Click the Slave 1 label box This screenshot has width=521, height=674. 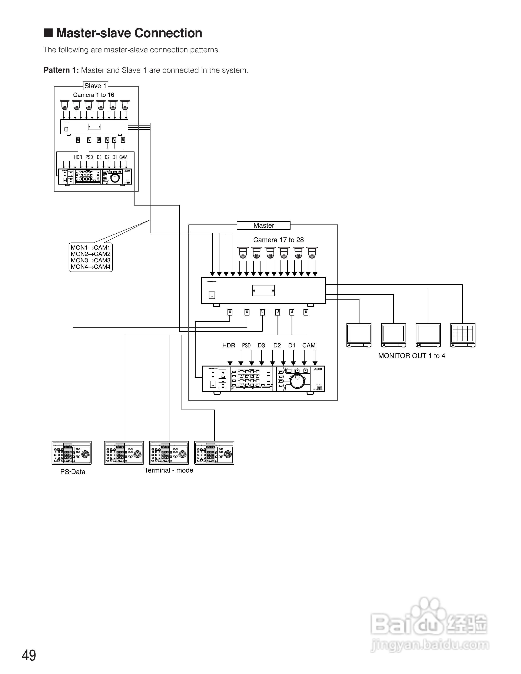95,86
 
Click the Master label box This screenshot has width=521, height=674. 264,225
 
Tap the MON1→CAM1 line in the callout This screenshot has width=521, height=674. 90,247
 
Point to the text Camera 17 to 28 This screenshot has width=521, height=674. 278,240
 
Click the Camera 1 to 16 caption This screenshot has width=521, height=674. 93,95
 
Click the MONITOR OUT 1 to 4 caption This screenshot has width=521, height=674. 411,356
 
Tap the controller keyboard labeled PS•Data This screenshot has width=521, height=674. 72,453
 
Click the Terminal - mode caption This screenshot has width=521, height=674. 169,470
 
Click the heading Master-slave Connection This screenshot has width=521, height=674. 129,33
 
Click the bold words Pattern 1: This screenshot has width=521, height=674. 61,70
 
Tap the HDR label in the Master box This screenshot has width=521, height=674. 229,345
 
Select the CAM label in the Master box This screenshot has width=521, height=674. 309,345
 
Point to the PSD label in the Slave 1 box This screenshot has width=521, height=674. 89,157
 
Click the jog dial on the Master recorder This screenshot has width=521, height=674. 298,381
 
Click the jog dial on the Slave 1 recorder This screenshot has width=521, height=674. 115,178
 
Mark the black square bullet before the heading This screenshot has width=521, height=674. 48,33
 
